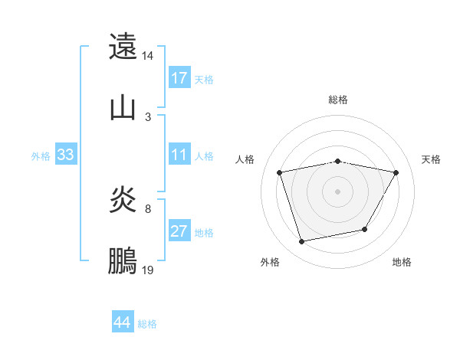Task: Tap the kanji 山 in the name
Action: click(123, 106)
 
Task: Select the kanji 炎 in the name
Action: click(123, 201)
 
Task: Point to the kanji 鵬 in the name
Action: click(123, 261)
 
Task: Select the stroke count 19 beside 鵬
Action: click(148, 270)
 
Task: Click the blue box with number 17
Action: click(179, 77)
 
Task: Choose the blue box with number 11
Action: click(179, 155)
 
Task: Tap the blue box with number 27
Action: click(179, 231)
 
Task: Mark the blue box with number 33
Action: click(65, 155)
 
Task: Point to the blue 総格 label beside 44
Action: click(147, 324)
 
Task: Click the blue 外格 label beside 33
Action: click(41, 156)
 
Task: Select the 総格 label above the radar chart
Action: click(338, 100)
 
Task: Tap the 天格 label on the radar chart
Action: click(431, 159)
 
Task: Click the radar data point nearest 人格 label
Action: click(280, 172)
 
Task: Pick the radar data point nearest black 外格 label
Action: click(302, 242)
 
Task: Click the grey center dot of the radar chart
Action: click(338, 191)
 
